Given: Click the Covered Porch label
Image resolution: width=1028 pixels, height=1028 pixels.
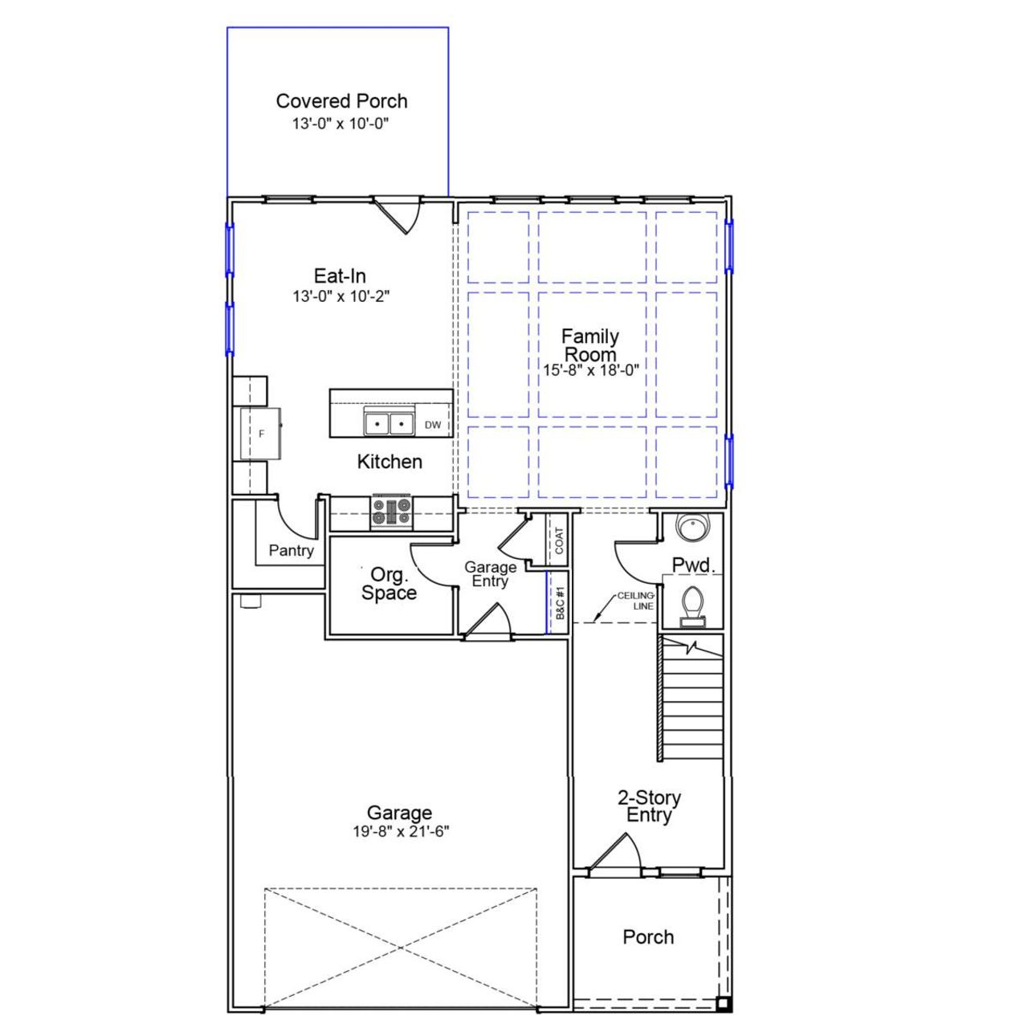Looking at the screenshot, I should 341,101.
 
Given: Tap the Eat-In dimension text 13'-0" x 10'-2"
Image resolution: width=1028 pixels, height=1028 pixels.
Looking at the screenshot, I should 341,296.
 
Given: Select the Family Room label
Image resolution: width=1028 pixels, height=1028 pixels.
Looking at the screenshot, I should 589,345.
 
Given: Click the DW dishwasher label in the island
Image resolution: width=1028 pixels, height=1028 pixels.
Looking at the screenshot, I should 433,425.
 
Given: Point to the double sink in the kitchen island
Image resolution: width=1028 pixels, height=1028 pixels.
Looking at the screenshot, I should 389,422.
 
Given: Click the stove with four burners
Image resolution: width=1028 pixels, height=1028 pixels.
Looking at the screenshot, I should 391,512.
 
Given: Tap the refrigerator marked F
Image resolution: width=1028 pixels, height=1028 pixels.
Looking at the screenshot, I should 261,434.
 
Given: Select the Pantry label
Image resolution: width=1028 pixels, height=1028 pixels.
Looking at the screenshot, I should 291,550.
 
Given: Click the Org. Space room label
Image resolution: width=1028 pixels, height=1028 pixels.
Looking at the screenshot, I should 389,584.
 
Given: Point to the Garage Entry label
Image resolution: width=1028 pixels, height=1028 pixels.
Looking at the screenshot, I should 490,574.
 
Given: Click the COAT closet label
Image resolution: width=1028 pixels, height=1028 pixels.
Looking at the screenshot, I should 560,540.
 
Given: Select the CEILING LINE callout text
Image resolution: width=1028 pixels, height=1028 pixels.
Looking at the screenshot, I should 636,601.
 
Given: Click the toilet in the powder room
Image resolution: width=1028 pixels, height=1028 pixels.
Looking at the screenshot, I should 691,605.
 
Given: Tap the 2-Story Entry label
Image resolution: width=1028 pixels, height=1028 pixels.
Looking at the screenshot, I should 649,806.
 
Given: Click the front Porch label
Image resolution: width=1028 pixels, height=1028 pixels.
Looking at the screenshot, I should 648,937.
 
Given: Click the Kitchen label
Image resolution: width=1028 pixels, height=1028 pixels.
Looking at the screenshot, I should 390,462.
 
